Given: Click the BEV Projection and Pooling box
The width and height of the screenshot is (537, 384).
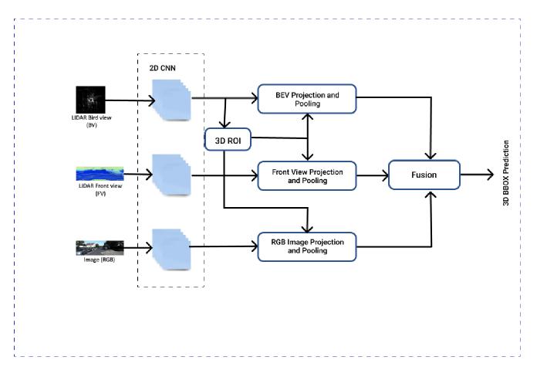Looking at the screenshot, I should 308,99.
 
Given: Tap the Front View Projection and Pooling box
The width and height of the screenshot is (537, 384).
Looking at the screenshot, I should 308,175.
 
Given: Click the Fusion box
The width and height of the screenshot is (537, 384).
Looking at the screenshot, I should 424,175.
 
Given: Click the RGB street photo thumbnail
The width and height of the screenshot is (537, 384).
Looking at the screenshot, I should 100,247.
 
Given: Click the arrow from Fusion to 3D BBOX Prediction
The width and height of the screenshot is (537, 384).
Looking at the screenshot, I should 477,175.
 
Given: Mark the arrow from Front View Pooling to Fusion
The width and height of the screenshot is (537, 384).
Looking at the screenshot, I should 372,175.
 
